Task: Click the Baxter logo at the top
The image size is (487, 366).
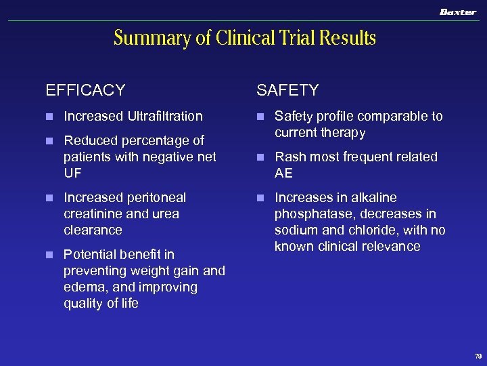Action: click(458, 12)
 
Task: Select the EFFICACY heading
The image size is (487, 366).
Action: click(85, 90)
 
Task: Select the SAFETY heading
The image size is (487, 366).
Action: click(287, 90)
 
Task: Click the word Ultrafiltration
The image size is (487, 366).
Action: click(165, 116)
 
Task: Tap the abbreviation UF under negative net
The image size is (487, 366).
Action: click(72, 173)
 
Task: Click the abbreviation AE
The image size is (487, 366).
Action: click(283, 173)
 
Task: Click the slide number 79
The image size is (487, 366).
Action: click(478, 355)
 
